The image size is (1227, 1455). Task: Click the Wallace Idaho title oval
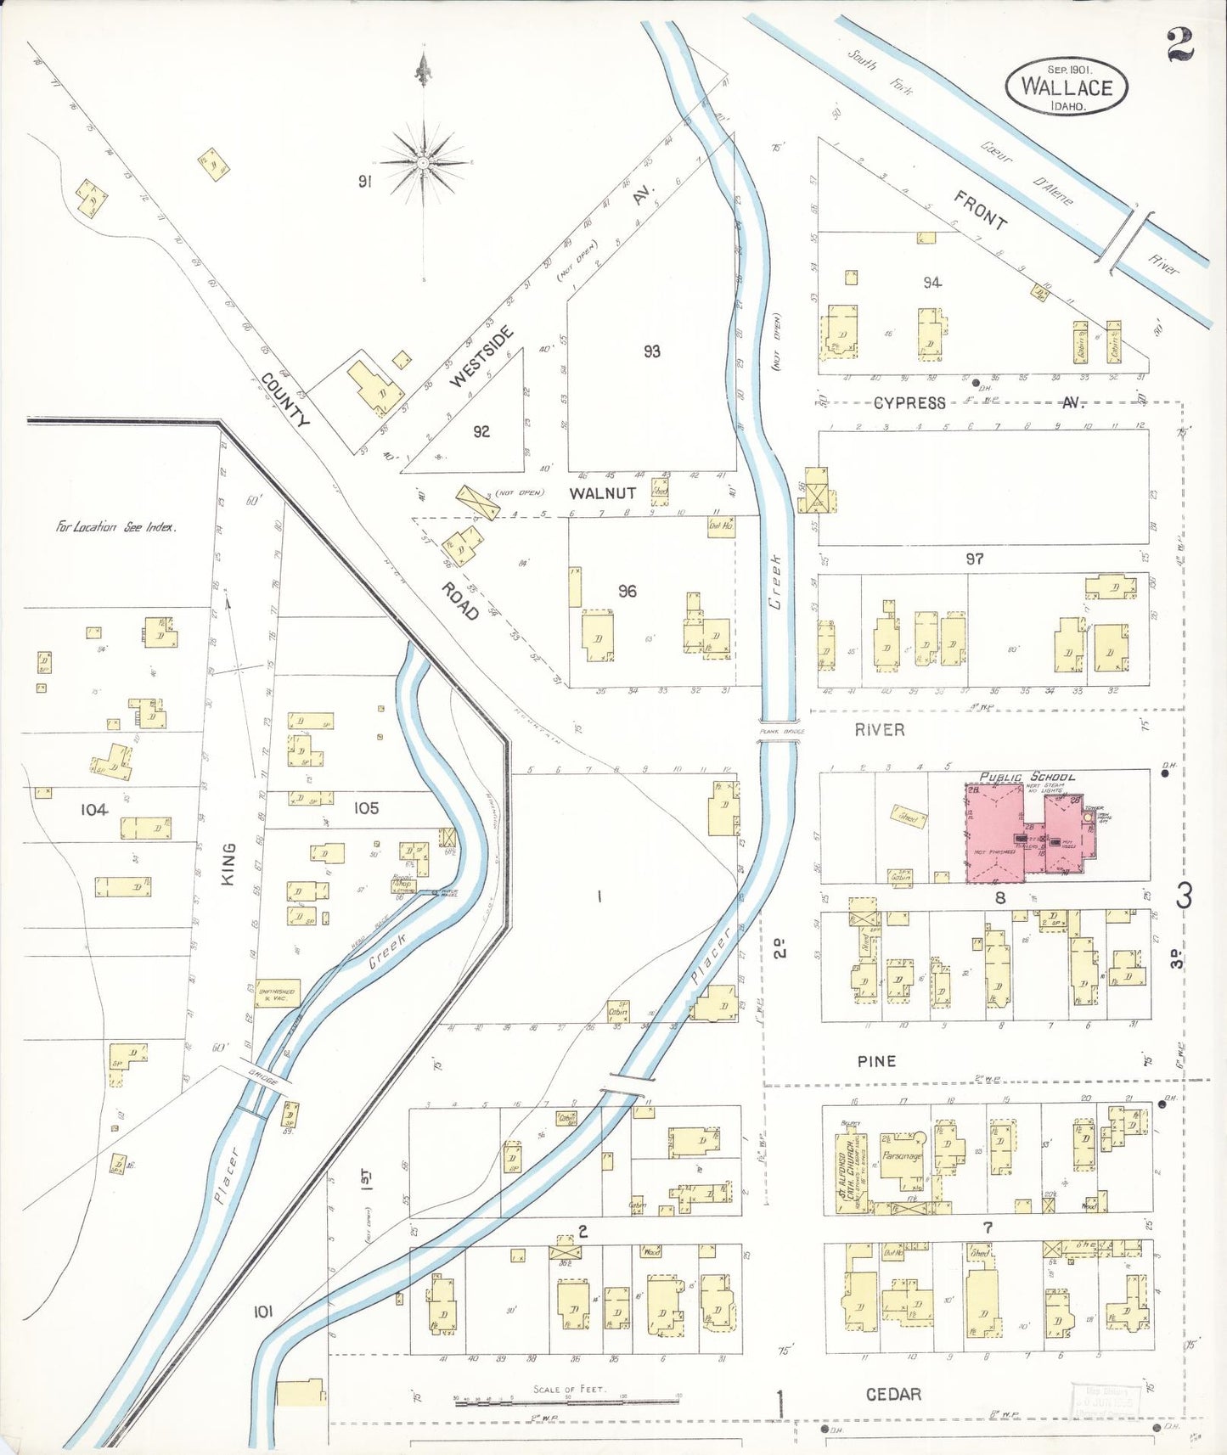tap(1067, 86)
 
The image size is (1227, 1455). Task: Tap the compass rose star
tap(423, 161)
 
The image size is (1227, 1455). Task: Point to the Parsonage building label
tap(902, 1156)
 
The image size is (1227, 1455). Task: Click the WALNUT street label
tap(602, 493)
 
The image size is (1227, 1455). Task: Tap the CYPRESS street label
tap(909, 402)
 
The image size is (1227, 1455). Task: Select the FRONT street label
tap(980, 211)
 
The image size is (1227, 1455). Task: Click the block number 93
tap(651, 351)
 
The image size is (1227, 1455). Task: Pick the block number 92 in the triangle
tap(481, 431)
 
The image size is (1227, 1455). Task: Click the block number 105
tap(366, 807)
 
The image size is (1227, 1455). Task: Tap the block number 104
tap(94, 809)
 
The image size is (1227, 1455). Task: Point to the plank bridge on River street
tap(779, 741)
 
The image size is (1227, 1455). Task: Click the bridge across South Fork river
tap(1124, 241)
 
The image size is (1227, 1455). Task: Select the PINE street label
tap(876, 1060)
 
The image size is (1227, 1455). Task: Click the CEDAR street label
tap(893, 1394)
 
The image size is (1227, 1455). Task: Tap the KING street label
tap(228, 864)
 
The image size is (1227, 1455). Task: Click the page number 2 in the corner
tap(1179, 45)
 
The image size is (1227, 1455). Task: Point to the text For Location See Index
tap(115, 526)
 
